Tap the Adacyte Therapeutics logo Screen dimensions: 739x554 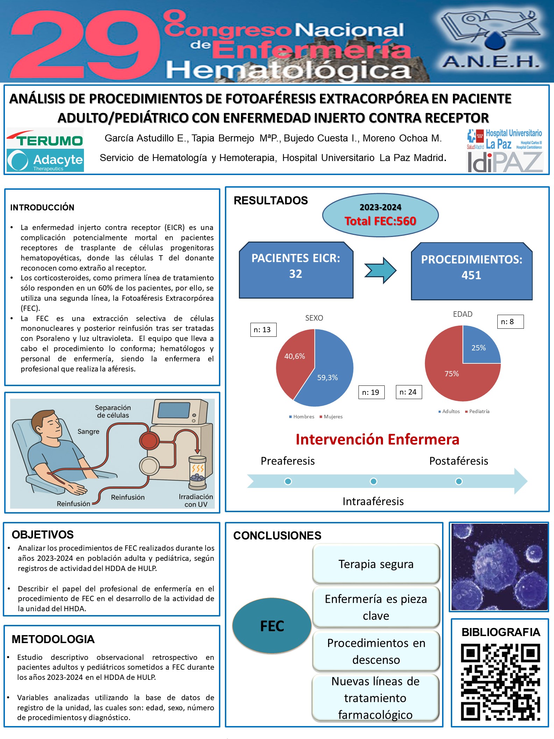point(45,161)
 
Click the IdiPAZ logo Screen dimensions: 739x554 point(505,162)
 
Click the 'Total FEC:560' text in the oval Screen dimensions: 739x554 point(380,221)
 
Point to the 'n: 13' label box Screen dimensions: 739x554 point(263,330)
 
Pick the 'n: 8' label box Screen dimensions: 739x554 point(510,322)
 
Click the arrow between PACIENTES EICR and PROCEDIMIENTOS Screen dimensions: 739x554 point(380,270)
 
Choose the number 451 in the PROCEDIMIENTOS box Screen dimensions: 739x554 point(471,276)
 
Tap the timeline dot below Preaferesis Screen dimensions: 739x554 point(288,481)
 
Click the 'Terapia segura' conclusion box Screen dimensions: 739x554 point(376,564)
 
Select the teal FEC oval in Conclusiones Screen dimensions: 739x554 point(272,626)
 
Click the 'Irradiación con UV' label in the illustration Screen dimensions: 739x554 point(196,501)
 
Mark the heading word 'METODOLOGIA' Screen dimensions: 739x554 point(53,639)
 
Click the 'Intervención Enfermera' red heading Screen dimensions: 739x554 point(377,439)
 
